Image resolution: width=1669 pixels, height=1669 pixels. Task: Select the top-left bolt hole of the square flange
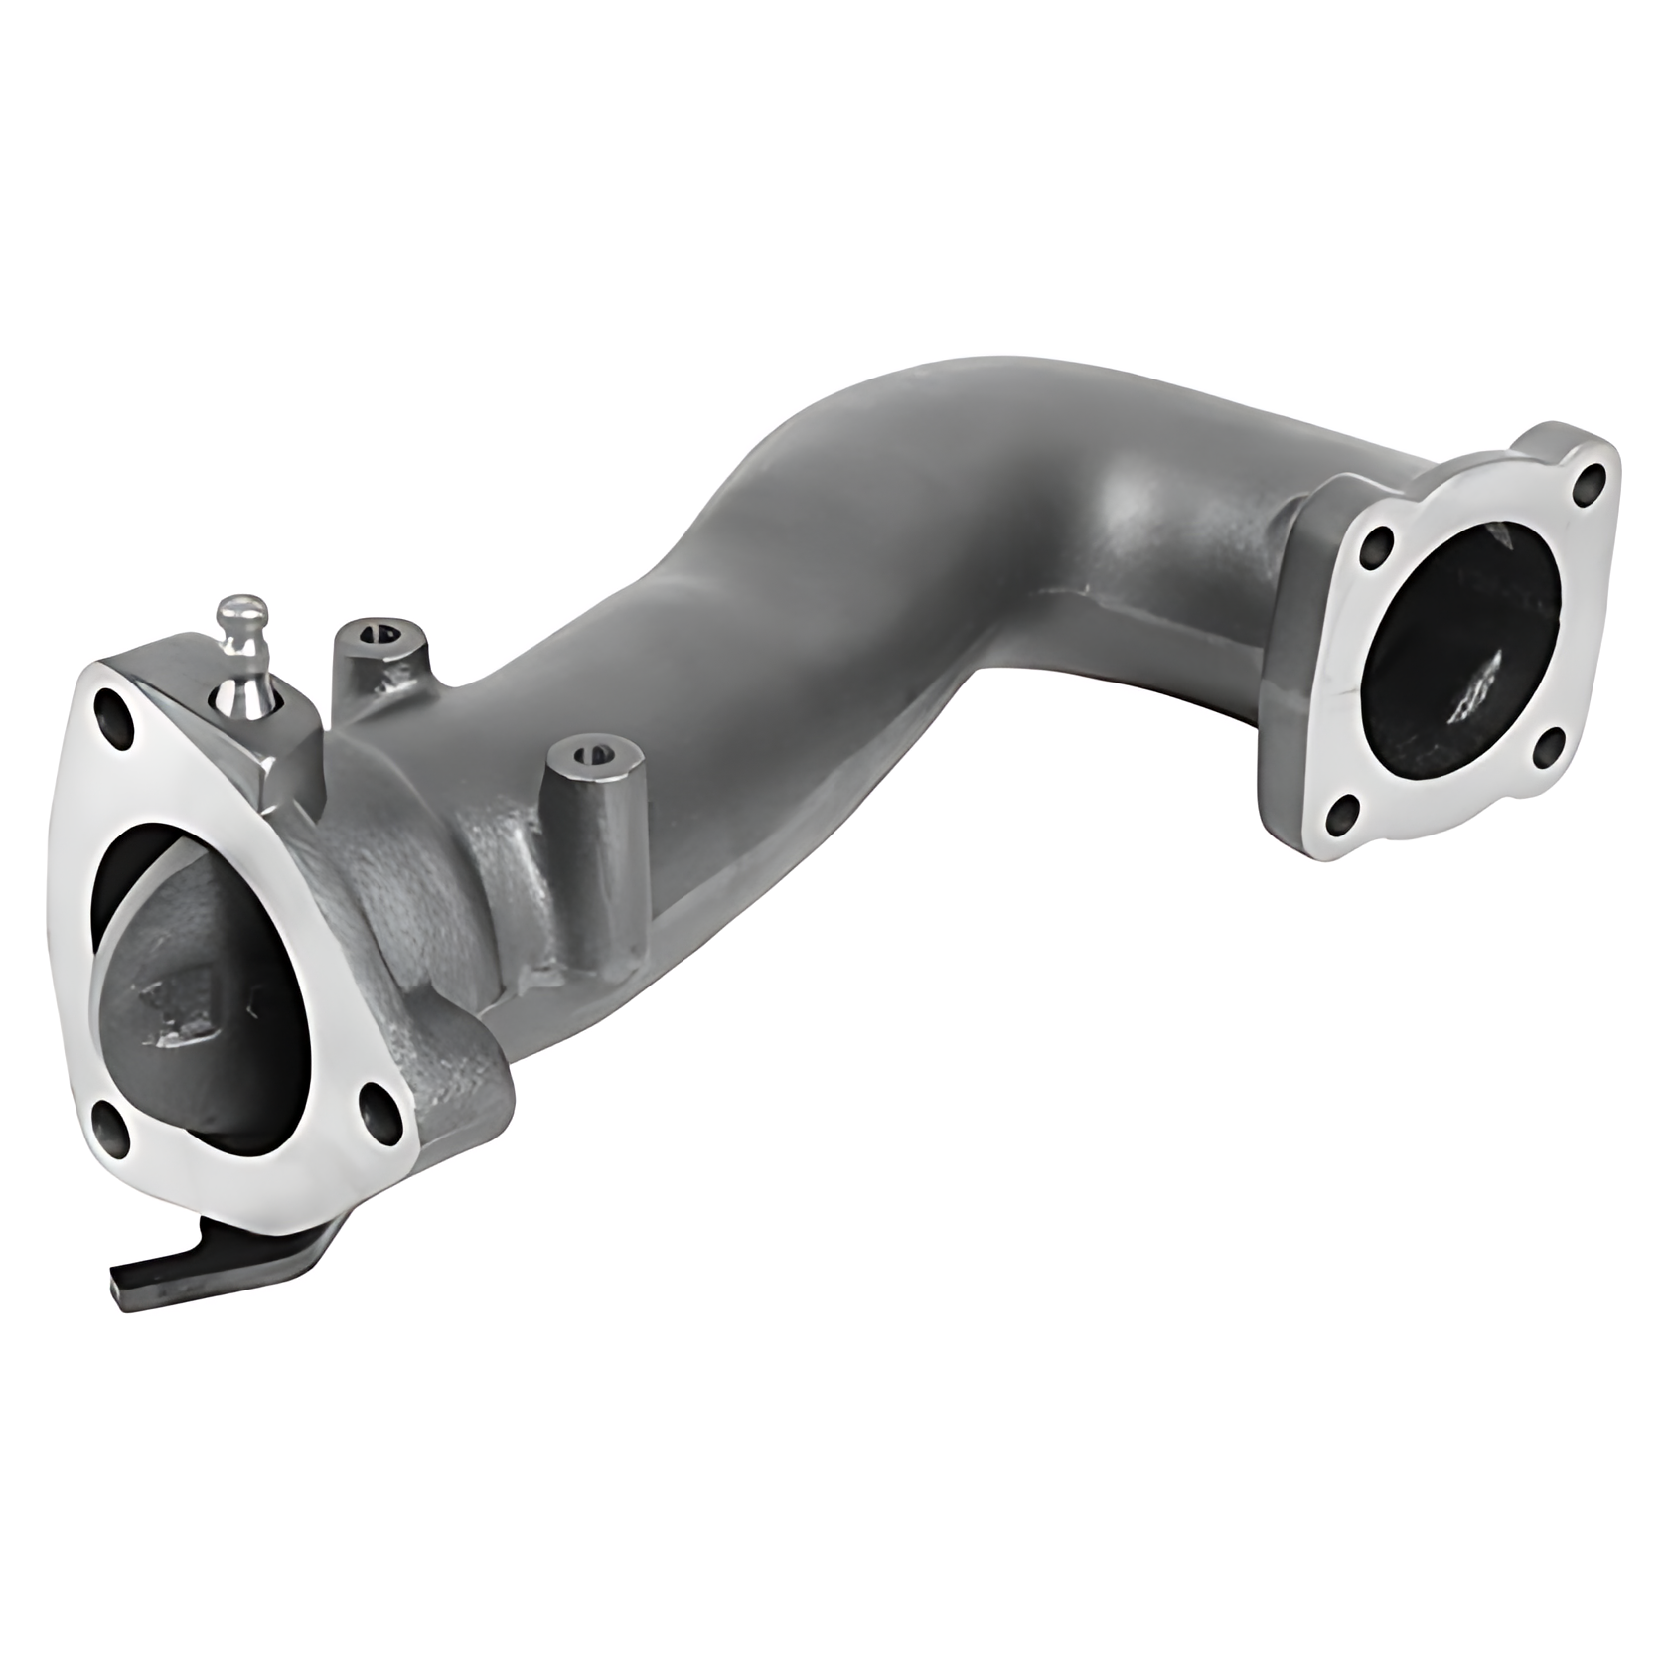click(1378, 544)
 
